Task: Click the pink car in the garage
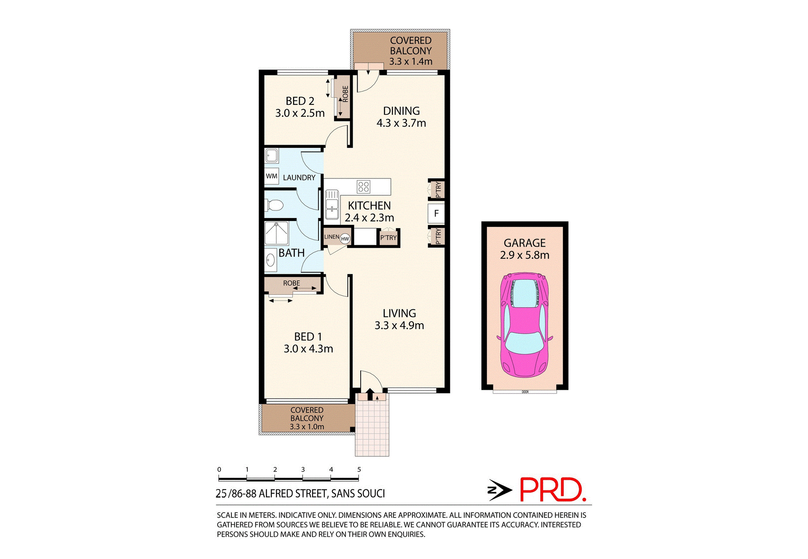tap(524, 325)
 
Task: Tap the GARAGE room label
tap(524, 243)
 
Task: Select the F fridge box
tap(436, 213)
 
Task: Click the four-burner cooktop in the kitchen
tap(363, 186)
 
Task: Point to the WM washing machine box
tap(271, 176)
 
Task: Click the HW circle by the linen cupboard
tap(345, 239)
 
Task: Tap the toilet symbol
tap(274, 205)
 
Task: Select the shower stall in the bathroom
tap(276, 233)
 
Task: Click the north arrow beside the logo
tap(499, 490)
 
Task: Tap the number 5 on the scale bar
tap(359, 469)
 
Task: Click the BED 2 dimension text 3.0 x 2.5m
tap(300, 113)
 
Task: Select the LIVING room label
tap(399, 313)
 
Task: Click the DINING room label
tap(401, 111)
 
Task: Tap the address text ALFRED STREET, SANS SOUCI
tap(322, 493)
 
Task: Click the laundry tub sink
tap(271, 156)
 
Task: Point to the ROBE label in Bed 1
tap(291, 283)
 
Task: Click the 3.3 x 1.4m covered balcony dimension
tap(410, 61)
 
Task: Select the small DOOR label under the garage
tap(525, 392)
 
